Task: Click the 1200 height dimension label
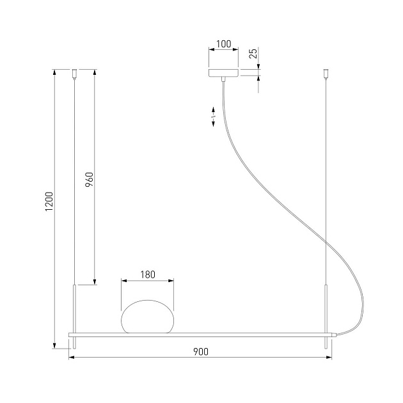(49, 201)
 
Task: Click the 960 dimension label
(89, 180)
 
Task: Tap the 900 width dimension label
(201, 352)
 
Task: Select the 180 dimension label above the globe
(148, 275)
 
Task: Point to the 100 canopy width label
(224, 44)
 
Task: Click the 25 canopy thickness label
(253, 54)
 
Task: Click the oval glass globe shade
(147, 317)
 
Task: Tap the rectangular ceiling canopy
(224, 73)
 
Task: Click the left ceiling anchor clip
(75, 74)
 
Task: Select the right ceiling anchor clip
(326, 74)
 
